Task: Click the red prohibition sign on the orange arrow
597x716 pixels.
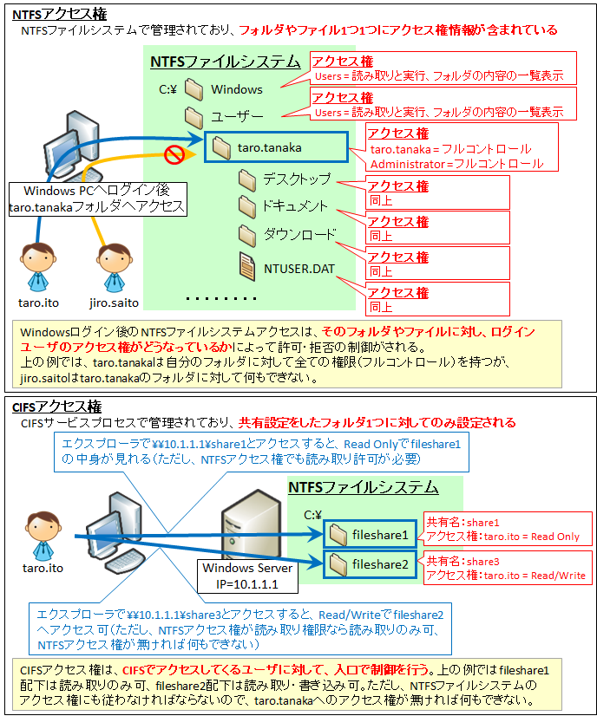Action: [174, 154]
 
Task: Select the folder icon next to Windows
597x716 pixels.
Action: [194, 89]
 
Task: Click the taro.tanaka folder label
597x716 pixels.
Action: [269, 148]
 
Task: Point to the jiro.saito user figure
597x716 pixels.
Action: [114, 268]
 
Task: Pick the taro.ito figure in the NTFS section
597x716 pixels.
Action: [38, 268]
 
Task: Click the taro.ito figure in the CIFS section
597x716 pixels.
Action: [43, 536]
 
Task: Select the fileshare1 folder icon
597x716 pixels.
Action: [338, 534]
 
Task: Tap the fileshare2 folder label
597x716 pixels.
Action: [380, 565]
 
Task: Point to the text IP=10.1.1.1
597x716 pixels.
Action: [247, 584]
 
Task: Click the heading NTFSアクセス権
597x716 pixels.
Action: [59, 14]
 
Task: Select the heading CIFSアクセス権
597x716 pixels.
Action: [56, 407]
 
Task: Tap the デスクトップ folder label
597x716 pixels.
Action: [297, 179]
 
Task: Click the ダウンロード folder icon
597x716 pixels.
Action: [247, 235]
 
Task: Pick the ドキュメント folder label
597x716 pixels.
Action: [295, 206]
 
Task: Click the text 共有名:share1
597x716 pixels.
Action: [463, 523]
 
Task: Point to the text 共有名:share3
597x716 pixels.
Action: [463, 561]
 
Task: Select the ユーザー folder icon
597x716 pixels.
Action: [194, 117]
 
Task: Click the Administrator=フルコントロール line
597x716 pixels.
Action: [456, 164]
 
